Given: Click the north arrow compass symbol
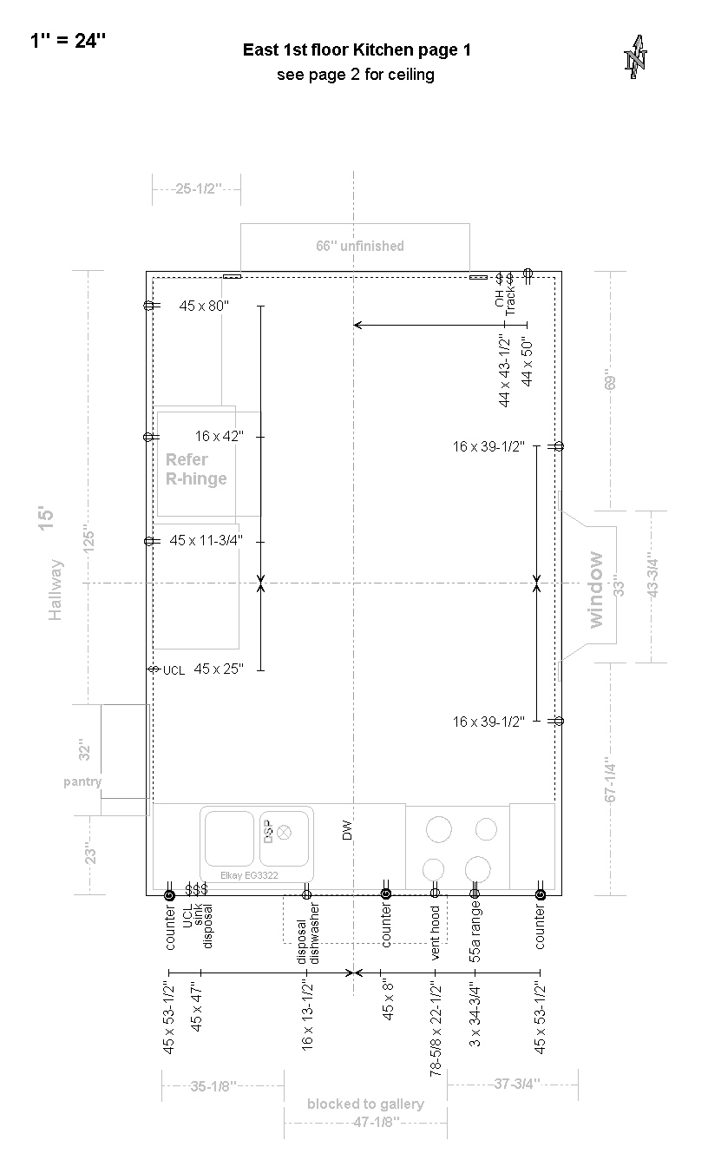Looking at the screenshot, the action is [636, 57].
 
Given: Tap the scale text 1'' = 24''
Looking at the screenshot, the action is [68, 41].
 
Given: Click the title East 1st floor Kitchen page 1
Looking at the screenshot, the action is [357, 50].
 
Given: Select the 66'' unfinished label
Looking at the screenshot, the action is [360, 246].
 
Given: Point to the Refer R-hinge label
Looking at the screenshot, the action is [196, 470].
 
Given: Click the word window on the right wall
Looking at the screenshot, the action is [595, 590].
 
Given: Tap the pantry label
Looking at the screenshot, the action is [82, 781].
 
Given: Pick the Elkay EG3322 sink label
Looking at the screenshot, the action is [249, 875].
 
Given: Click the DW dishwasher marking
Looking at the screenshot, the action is [347, 830].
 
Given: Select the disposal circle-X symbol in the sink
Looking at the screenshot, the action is [284, 833].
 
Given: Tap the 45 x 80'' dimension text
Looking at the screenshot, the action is [204, 306].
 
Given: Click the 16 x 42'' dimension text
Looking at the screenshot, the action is [220, 436].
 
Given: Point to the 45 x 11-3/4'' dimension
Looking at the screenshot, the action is [206, 540].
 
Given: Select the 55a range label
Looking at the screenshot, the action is [475, 932].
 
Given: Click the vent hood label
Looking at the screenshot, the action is [436, 933].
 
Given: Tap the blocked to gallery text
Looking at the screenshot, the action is [365, 1104].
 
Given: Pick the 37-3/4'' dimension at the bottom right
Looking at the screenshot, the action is [516, 1084].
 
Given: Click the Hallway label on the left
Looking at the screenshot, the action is [56, 590].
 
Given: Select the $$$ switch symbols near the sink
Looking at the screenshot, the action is [196, 888].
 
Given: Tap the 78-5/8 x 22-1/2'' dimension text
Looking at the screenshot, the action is [436, 1030].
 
